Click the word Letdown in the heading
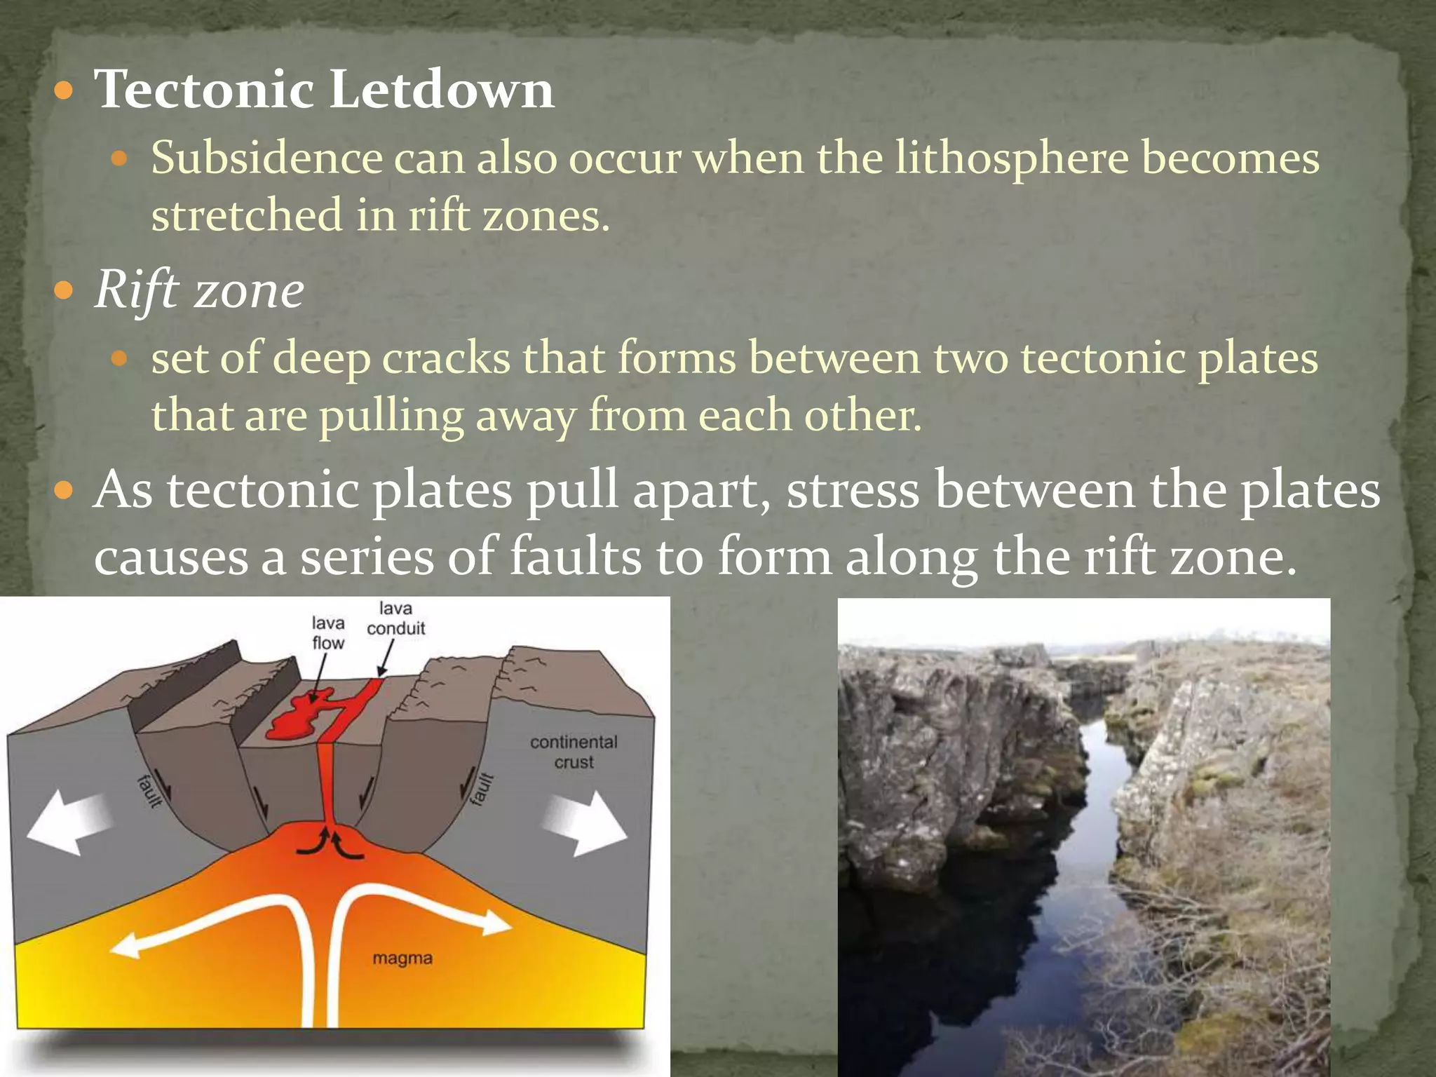click(441, 89)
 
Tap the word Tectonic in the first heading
click(204, 89)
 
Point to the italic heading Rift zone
click(199, 290)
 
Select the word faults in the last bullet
click(575, 557)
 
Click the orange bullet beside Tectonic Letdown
click(64, 90)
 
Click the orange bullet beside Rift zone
click(64, 290)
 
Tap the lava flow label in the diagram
click(328, 633)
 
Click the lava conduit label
click(395, 618)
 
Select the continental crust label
click(574, 752)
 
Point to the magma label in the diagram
click(402, 958)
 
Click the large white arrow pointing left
click(67, 822)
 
